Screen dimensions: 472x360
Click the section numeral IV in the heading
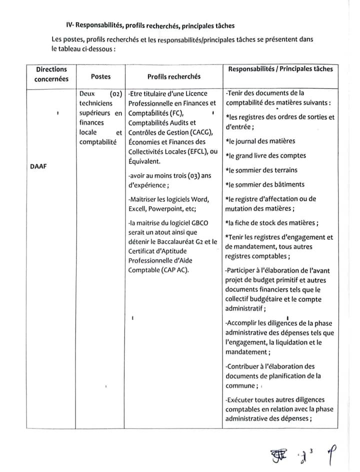click(x=69, y=25)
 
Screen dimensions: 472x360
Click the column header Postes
click(x=100, y=77)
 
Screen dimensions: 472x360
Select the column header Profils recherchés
click(x=173, y=77)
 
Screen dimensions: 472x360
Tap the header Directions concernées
click(x=51, y=74)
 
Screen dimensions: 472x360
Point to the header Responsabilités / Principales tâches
click(x=280, y=69)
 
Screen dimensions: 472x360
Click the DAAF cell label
click(x=39, y=165)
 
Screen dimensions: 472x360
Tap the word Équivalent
click(x=144, y=161)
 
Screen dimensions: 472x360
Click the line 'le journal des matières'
click(x=260, y=141)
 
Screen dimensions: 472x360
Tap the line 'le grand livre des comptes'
click(x=265, y=156)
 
